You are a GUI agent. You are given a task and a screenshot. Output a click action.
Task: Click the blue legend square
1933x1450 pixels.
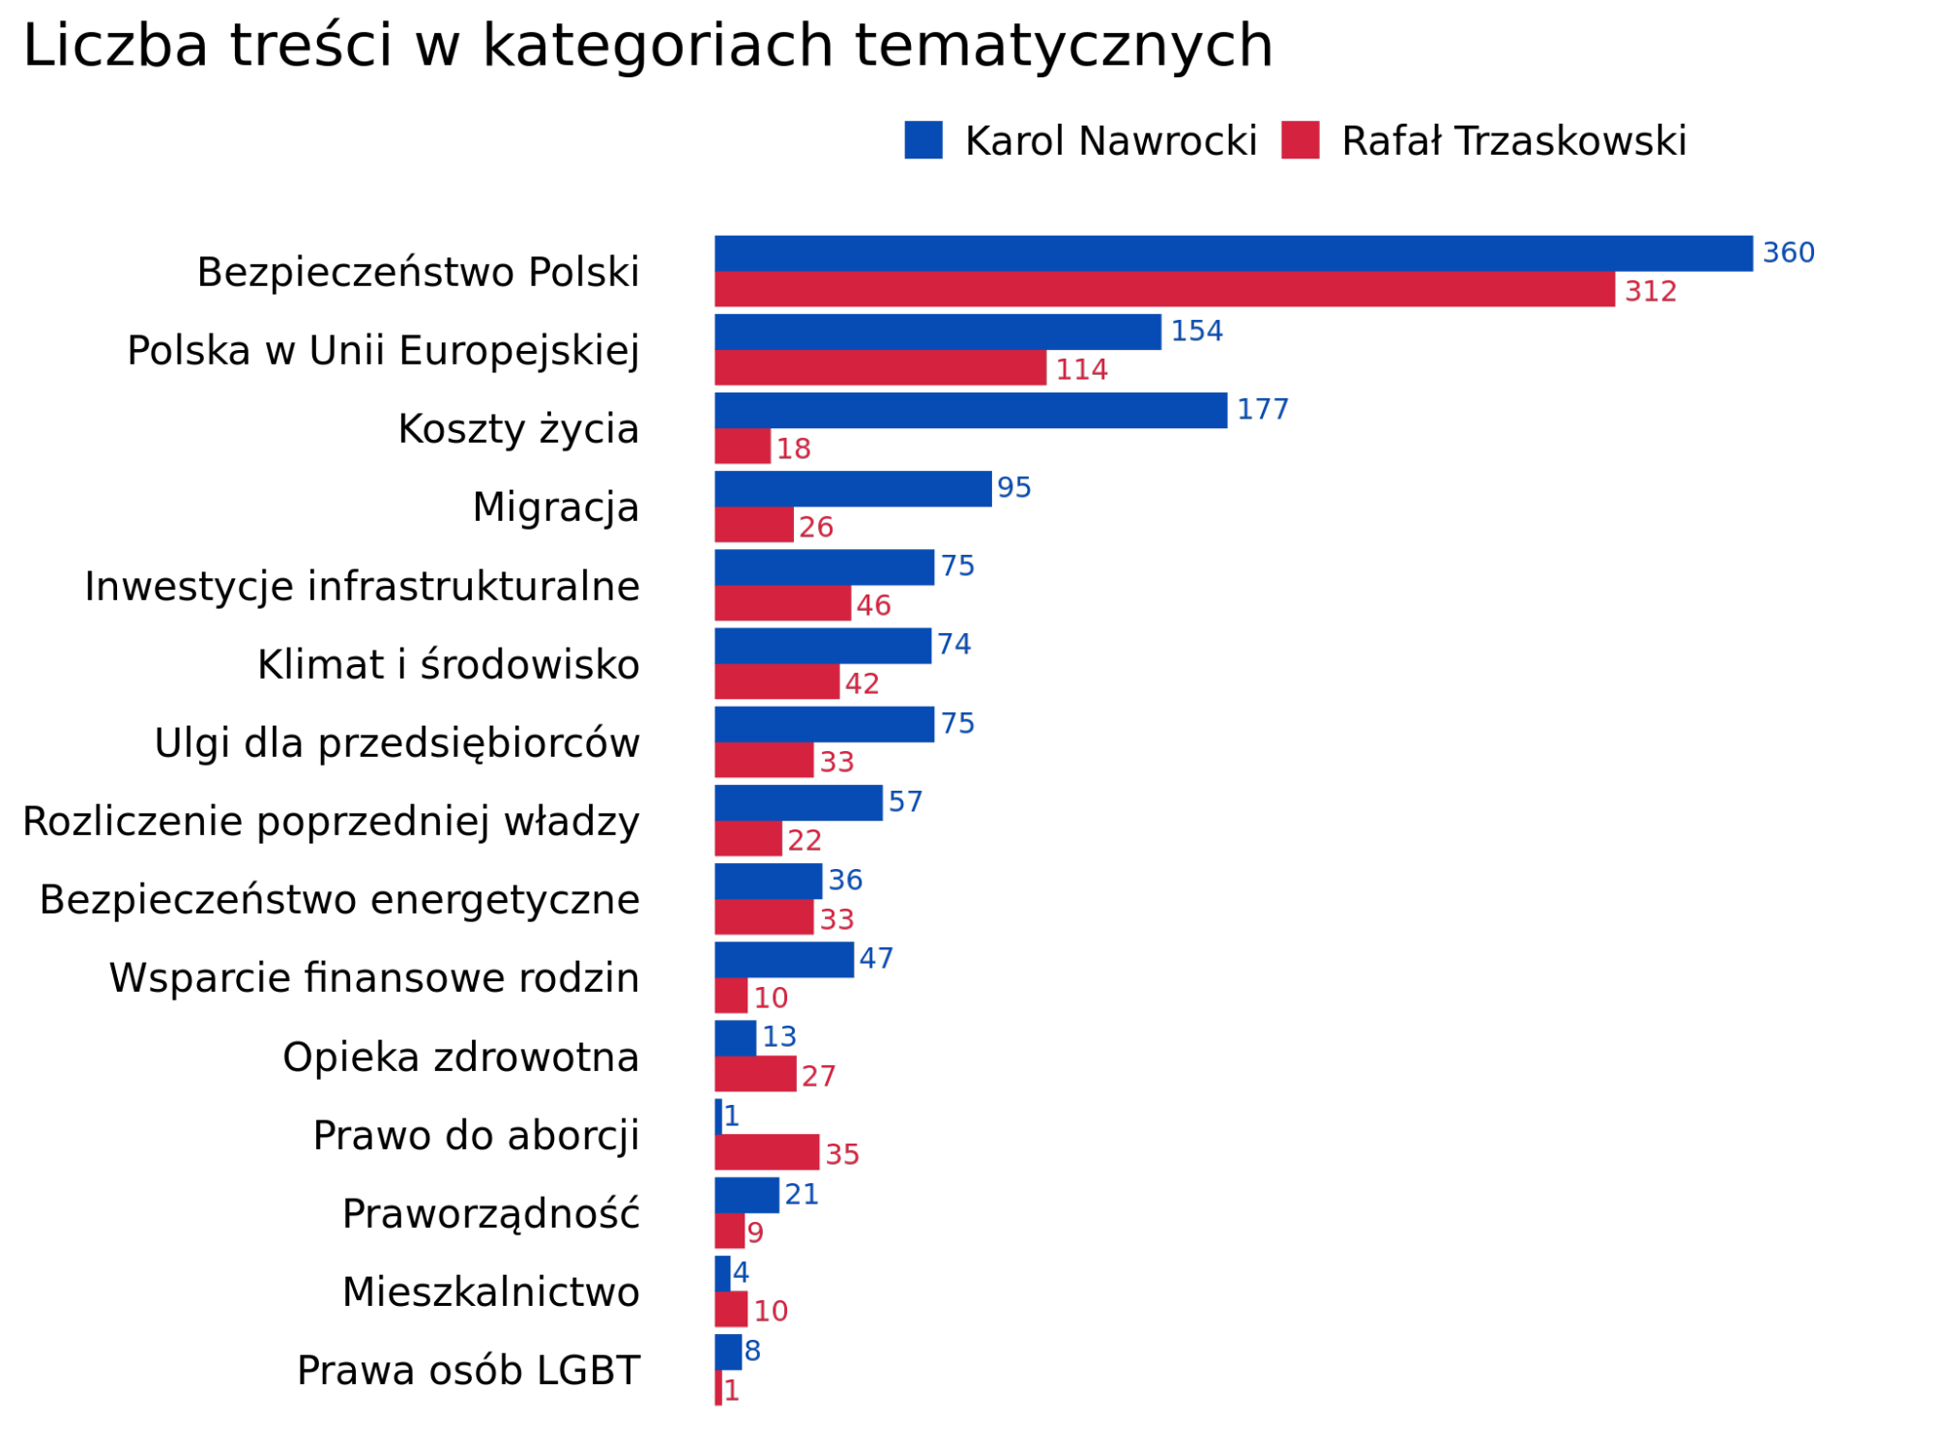[923, 140]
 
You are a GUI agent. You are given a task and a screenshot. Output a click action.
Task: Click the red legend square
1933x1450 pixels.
[1300, 140]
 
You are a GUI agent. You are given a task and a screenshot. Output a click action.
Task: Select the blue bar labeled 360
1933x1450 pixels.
[1233, 253]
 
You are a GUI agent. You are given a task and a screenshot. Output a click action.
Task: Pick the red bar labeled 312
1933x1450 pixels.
[1164, 290]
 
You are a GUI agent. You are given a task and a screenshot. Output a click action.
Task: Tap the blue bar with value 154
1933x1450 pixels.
[938, 332]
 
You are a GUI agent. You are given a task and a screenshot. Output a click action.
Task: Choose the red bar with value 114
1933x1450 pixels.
[880, 368]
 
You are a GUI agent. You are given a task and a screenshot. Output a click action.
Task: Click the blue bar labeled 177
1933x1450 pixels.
[971, 410]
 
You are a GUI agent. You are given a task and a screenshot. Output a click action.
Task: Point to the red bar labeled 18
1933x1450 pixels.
[743, 447]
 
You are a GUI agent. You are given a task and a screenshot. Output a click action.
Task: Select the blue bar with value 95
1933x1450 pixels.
[853, 489]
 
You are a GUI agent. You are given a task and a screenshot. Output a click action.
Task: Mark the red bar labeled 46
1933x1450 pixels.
[782, 603]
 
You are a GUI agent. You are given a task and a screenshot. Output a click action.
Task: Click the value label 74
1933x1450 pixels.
[954, 645]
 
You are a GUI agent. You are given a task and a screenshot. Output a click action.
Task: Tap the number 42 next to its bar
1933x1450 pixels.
[862, 684]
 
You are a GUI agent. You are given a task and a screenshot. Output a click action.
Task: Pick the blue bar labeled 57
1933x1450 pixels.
[799, 802]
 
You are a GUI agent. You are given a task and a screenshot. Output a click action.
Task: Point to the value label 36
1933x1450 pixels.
[845, 881]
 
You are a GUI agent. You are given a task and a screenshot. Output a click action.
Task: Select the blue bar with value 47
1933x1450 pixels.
[784, 960]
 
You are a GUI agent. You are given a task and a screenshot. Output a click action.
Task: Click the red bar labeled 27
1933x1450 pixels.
[755, 1074]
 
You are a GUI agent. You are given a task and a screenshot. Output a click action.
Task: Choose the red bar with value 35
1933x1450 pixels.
[767, 1152]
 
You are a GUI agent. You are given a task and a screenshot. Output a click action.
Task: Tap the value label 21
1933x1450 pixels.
[802, 1195]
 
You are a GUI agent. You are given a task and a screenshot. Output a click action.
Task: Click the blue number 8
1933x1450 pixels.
[752, 1351]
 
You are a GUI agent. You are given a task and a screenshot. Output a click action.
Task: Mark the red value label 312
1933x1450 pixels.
[1651, 292]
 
